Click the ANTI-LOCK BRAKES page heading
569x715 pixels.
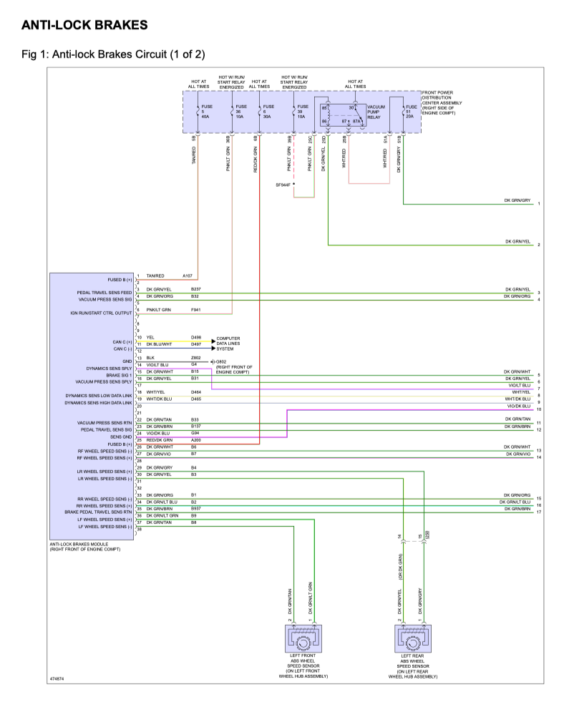84,25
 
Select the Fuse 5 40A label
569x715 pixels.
206,111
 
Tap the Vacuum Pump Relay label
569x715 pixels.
376,112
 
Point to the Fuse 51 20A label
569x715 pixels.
410,111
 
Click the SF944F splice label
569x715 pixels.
283,185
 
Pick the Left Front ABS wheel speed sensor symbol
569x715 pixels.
303,638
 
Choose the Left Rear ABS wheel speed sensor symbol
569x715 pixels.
413,638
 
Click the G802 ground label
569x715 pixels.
221,361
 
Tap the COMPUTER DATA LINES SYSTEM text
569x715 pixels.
228,344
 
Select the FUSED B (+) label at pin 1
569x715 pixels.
120,280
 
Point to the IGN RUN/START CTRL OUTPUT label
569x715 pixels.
101,313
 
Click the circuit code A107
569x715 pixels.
188,276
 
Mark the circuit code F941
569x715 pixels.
195,310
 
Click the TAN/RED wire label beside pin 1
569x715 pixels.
155,276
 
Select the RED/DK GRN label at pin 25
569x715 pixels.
159,440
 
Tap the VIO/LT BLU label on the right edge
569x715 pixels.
520,385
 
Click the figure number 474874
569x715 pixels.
57,678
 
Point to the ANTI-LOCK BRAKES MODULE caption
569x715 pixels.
79,544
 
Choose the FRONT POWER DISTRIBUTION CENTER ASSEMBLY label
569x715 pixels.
442,102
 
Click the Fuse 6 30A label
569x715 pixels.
268,111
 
